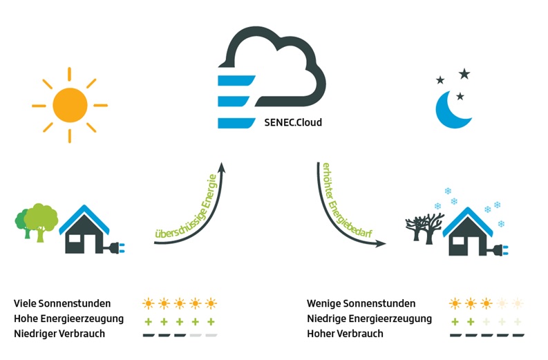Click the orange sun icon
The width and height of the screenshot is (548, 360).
pyautogui.click(x=69, y=106)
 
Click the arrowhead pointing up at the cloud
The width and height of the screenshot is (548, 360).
pyautogui.click(x=222, y=167)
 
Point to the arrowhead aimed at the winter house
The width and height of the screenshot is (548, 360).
pyautogui.click(x=382, y=245)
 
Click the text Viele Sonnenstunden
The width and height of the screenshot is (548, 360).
pyautogui.click(x=62, y=303)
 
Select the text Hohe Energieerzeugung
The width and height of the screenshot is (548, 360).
pyautogui.click(x=68, y=319)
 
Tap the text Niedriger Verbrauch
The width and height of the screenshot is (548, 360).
pyautogui.click(x=59, y=334)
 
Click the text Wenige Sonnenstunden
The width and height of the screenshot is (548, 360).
pyautogui.click(x=361, y=303)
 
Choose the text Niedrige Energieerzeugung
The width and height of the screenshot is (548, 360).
pyautogui.click(x=369, y=319)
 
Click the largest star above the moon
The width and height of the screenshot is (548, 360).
pyautogui.click(x=464, y=74)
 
